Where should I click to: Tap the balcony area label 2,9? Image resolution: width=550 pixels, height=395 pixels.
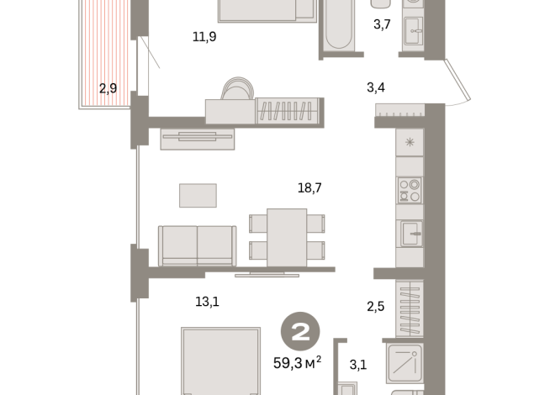pos(108,87)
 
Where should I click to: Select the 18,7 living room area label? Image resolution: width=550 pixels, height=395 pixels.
pos(309,189)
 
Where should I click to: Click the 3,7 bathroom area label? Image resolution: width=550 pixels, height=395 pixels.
pos(382,25)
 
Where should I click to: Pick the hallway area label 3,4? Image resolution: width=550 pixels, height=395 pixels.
pos(377,87)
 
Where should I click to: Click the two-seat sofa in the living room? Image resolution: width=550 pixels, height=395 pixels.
pos(197,245)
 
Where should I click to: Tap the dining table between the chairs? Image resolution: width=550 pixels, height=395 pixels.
pos(287,236)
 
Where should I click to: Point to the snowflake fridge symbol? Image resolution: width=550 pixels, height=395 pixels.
pos(410,142)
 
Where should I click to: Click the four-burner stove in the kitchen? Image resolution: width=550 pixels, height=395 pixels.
pos(410,191)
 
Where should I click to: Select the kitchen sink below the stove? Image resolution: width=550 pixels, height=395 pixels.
pos(410,233)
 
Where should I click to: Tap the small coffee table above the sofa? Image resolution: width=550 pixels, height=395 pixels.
pos(198,194)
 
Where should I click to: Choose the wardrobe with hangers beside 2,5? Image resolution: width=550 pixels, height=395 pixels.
pos(410,306)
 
